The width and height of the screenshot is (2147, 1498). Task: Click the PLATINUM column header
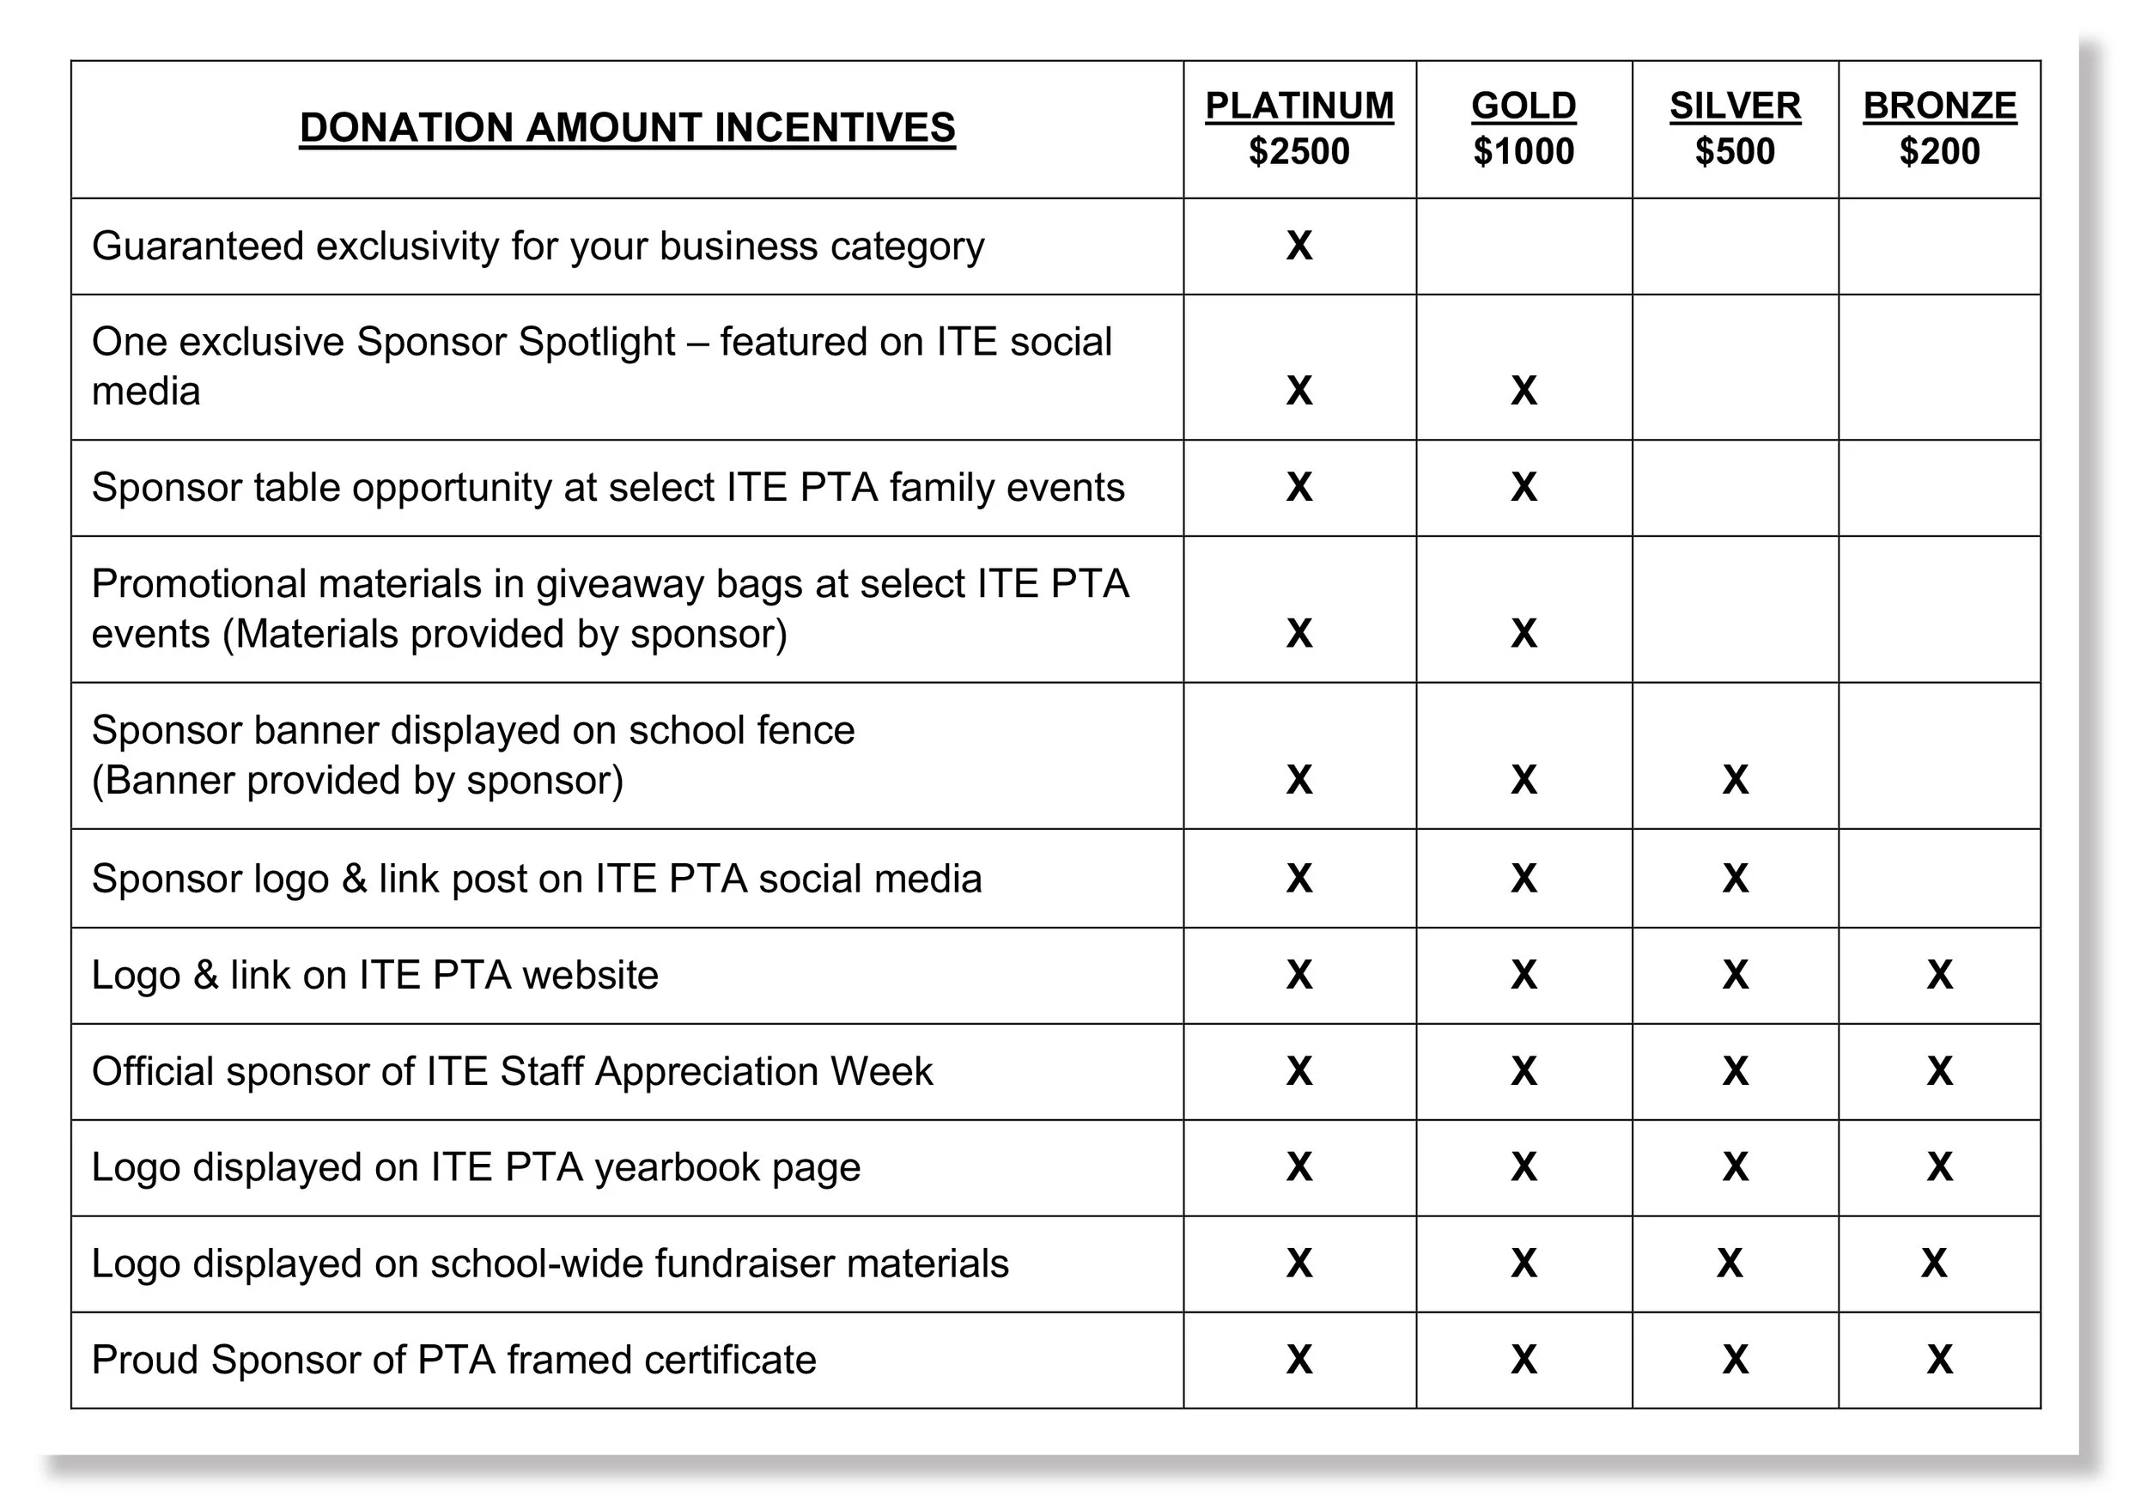[1298, 106]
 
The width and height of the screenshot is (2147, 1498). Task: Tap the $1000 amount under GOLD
[1524, 151]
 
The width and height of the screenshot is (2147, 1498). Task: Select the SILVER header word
[1735, 106]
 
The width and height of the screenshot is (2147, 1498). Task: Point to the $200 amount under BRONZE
[1938, 151]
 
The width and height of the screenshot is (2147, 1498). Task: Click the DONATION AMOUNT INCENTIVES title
[627, 128]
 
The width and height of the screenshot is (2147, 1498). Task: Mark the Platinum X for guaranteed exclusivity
[1299, 246]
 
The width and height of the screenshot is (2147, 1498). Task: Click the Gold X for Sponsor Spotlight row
[1524, 391]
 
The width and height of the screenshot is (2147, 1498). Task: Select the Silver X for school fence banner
[1735, 780]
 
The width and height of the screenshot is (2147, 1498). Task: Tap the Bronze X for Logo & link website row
[1939, 975]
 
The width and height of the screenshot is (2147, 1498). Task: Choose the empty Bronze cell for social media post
[1939, 878]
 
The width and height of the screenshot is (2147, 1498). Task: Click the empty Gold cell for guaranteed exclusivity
[1524, 246]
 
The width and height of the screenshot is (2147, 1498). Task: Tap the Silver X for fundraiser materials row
[1729, 1264]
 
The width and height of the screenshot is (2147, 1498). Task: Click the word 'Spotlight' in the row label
[596, 342]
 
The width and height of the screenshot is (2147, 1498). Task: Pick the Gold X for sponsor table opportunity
[1524, 487]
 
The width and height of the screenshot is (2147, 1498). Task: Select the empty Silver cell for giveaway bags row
[1735, 609]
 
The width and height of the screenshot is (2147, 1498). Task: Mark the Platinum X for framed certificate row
[1299, 1361]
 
